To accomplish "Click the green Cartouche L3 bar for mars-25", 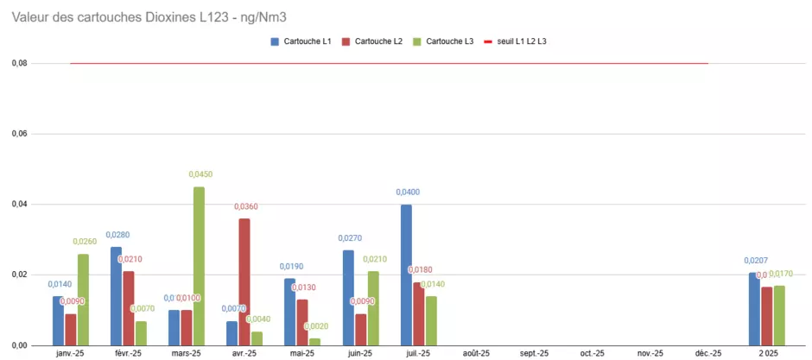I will [x=199, y=266].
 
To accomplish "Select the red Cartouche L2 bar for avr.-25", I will [x=244, y=281].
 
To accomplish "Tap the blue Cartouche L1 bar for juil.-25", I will [x=406, y=275].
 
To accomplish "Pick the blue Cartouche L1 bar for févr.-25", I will [x=116, y=296].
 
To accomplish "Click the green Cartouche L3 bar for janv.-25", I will [x=83, y=300].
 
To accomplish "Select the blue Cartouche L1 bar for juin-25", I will [x=348, y=298].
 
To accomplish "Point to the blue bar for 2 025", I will [x=754, y=309].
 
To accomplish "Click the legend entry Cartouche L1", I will [x=308, y=41].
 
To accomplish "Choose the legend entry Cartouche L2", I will [x=378, y=41].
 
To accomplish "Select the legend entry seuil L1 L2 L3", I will [x=522, y=41].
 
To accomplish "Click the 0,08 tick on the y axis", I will [x=19, y=64].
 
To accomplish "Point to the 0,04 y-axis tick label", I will [x=19, y=205].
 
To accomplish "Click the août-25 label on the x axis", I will [x=476, y=353].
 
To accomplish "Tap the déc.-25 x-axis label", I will [x=708, y=353].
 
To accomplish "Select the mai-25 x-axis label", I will [x=302, y=353].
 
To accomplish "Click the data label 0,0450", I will [x=200, y=174].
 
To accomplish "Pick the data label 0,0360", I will [x=246, y=206].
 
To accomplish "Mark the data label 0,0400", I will [x=408, y=192].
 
